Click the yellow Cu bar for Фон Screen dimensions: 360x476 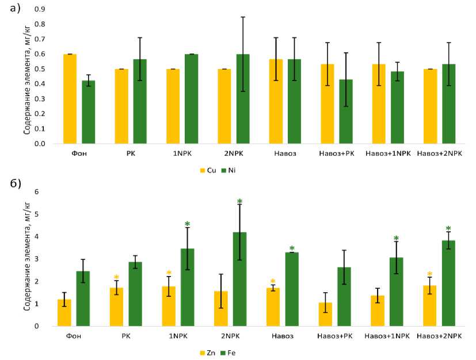click(70, 99)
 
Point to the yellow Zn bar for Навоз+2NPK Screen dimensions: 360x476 click(429, 305)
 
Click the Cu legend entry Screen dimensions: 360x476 click(207, 170)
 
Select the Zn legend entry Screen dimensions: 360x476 click(207, 352)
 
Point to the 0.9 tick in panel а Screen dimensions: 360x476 click(39, 9)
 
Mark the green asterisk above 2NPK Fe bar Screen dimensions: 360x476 click(240, 201)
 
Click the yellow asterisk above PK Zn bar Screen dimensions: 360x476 click(116, 278)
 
